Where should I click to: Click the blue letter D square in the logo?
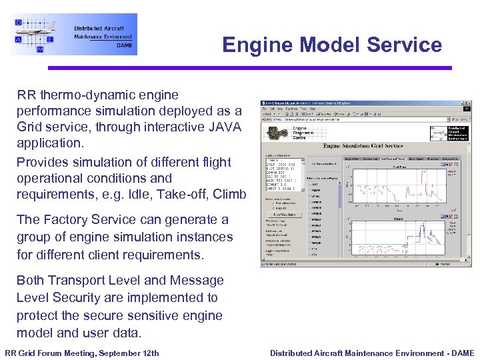[18, 22]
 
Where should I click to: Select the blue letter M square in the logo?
[40, 49]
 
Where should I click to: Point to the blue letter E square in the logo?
[51, 40]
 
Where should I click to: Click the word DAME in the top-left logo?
[125, 45]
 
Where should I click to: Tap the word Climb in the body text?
[229, 194]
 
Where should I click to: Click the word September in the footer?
[112, 353]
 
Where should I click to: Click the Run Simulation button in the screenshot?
[284, 214]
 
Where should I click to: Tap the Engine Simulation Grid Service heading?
[363, 145]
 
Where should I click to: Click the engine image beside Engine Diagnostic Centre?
[275, 132]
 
